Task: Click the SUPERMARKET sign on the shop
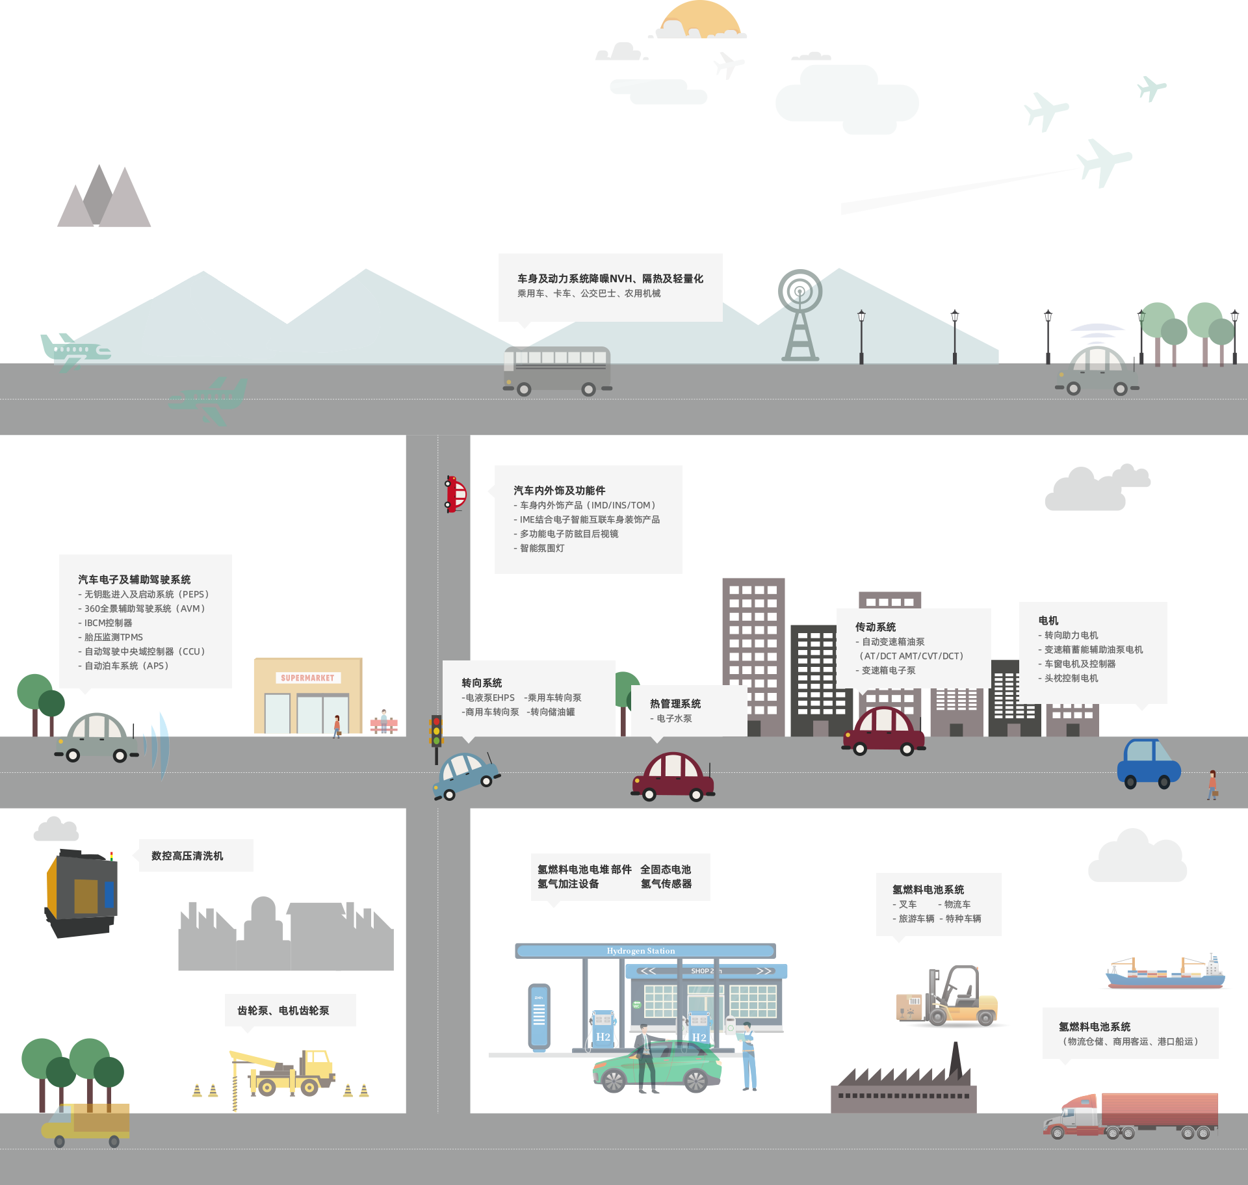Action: click(307, 678)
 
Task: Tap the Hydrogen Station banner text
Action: click(641, 951)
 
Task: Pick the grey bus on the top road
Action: click(557, 370)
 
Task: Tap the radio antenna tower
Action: click(800, 315)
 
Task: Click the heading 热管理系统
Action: click(675, 704)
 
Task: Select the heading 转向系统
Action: click(482, 683)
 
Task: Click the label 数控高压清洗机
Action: click(187, 856)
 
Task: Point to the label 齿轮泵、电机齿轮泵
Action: click(283, 1011)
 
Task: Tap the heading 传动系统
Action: click(876, 627)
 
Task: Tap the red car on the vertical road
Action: click(456, 494)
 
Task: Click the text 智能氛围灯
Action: click(542, 549)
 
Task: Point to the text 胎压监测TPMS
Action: click(114, 638)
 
